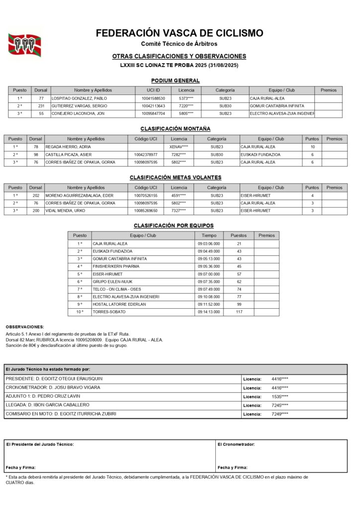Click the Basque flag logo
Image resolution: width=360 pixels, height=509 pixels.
coord(24,45)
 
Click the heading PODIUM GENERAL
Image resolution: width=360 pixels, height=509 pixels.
coord(175,81)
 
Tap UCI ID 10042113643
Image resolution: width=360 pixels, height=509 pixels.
coord(153,106)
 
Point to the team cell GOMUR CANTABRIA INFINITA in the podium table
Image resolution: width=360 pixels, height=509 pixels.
coord(277,106)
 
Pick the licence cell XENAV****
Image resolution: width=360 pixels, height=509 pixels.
coord(179,147)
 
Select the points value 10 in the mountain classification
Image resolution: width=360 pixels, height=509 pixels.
coord(312,147)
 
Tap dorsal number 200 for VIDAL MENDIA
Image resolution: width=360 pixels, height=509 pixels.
coord(35,211)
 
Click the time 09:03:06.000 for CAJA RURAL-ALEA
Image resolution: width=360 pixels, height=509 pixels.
coord(209,244)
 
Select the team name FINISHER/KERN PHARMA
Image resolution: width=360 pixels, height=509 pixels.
coord(116,266)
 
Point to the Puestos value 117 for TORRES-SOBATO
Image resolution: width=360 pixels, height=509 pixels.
coord(239,312)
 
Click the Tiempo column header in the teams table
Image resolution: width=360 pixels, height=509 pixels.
coord(209,236)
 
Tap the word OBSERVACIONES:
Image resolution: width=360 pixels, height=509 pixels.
coord(25,327)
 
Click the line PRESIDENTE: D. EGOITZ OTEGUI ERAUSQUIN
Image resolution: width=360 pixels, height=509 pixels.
coord(54,379)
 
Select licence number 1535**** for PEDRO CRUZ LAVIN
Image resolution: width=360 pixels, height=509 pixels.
coord(280,397)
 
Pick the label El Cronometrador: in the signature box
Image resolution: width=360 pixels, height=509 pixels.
coord(236,444)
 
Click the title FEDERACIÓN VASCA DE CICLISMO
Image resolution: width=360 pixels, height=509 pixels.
coord(180,33)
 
